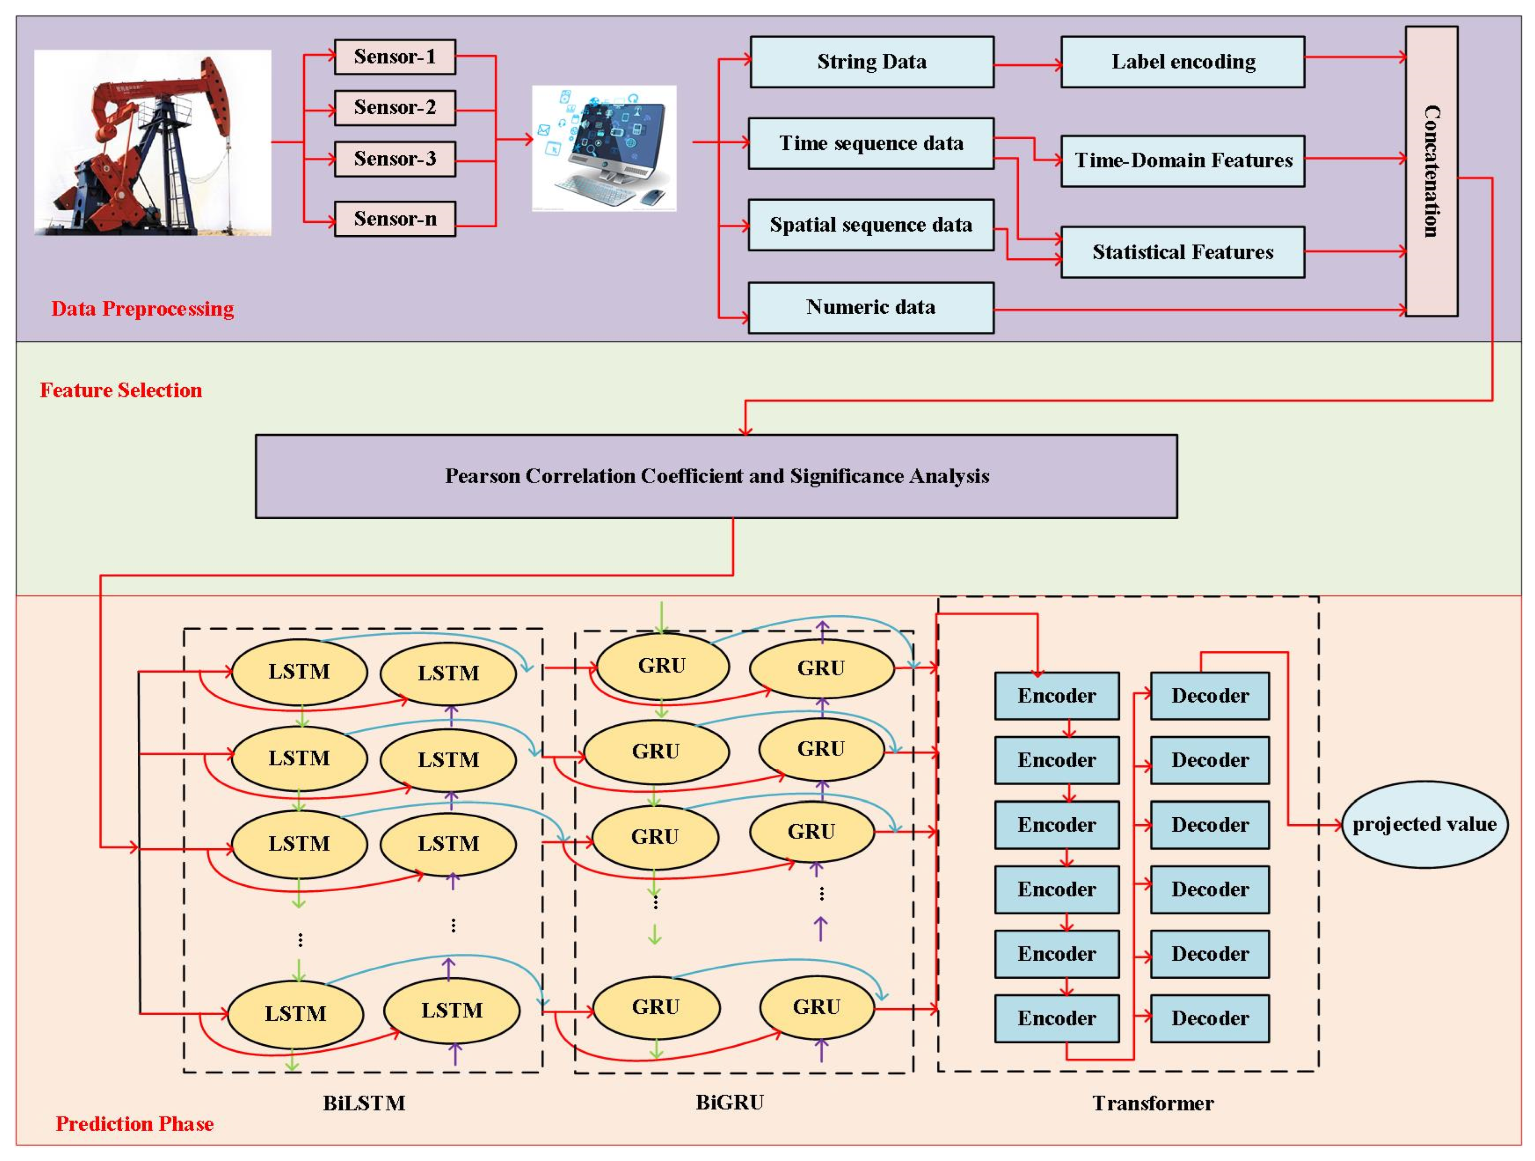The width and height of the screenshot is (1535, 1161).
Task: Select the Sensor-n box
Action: click(x=395, y=219)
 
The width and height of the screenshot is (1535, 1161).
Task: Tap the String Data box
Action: click(x=872, y=62)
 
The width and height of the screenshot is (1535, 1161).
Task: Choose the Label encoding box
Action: click(x=1182, y=62)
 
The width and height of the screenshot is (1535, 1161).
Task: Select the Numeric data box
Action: click(x=871, y=307)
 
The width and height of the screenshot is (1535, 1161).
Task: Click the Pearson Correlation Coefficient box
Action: click(x=716, y=476)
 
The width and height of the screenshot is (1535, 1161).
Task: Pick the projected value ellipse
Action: click(x=1425, y=825)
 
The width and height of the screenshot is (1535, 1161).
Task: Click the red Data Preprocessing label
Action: click(x=143, y=309)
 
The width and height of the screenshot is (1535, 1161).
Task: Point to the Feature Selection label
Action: click(x=121, y=390)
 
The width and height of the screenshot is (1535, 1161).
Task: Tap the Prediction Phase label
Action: click(x=135, y=1123)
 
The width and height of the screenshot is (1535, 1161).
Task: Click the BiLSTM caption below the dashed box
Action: click(x=364, y=1103)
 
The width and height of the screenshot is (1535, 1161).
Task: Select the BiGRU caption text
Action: click(x=730, y=1103)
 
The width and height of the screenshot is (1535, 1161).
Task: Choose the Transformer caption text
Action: click(x=1153, y=1103)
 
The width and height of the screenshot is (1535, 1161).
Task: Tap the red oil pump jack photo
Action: click(x=153, y=143)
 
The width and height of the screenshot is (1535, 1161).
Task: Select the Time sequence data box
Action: click(x=871, y=143)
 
